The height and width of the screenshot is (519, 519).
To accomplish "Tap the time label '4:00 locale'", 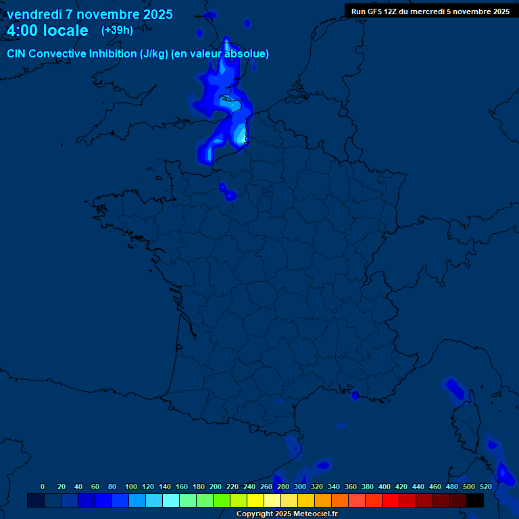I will (47, 30).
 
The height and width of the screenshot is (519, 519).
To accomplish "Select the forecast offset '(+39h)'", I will (117, 30).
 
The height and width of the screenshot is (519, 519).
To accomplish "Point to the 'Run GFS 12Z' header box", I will (430, 11).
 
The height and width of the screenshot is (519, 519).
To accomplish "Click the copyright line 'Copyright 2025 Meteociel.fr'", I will (287, 514).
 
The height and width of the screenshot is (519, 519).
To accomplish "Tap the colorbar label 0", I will (43, 487).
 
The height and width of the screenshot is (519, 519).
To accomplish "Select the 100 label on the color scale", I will (131, 487).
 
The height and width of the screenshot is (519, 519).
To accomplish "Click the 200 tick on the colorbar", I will (216, 487).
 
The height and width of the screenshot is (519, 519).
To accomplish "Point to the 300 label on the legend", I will (300, 487).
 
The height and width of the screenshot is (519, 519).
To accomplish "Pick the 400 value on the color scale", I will (385, 487).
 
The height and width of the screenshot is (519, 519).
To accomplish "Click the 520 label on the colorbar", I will (485, 487).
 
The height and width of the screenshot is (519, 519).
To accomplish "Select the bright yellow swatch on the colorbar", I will (255, 500).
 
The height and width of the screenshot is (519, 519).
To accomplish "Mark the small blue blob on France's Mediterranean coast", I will (355, 396).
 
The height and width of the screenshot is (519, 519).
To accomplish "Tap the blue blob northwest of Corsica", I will (454, 390).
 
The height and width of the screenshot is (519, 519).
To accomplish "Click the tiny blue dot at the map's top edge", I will (247, 24).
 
